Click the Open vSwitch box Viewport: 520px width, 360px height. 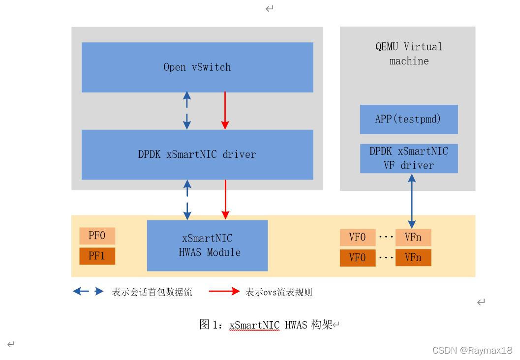coord(197,67)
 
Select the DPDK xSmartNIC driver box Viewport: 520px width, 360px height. coord(197,154)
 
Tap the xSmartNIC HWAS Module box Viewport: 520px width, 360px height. coord(207,245)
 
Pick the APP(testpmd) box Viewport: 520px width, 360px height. coord(409,119)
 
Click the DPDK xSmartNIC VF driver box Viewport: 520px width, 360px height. coord(409,158)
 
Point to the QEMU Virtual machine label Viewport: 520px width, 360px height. coord(409,54)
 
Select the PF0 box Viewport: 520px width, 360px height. coord(97,236)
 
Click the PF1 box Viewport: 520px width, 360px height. coord(97,256)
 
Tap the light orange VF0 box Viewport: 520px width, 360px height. coord(357,238)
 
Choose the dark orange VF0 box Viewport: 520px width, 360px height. coord(357,258)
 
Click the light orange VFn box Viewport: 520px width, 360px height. coord(413,238)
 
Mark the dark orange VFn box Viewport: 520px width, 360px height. coord(413,258)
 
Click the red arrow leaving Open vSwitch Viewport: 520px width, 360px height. coord(225,111)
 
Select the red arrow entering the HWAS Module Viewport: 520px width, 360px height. coord(225,199)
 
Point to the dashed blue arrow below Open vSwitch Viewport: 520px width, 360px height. coord(187,111)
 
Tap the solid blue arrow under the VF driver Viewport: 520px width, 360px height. coord(412,201)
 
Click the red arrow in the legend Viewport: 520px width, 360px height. coord(224,292)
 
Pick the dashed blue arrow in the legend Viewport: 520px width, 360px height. coord(89,292)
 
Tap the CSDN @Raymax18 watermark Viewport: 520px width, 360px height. coord(472,351)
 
